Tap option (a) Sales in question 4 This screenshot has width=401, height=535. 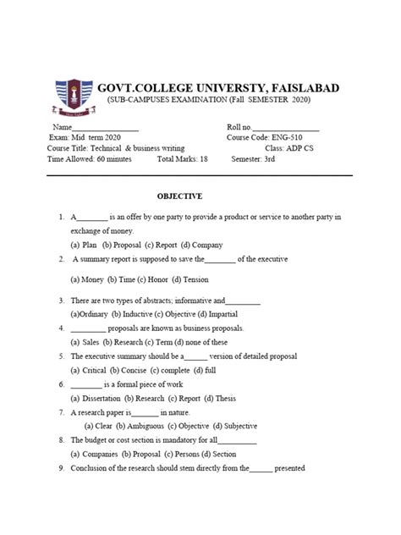[85, 342]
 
